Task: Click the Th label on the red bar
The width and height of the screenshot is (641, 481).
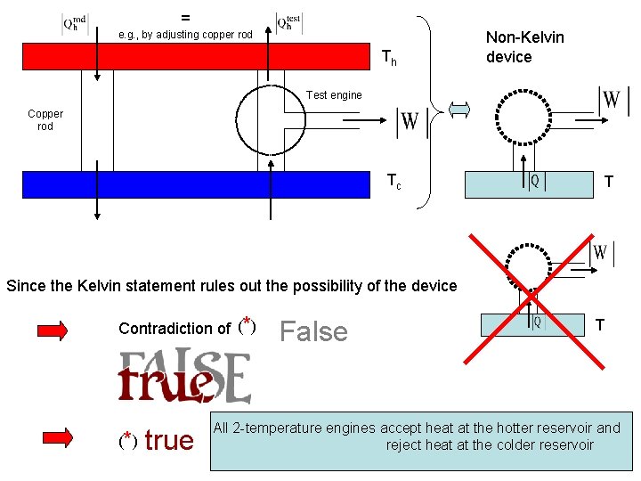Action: point(389,59)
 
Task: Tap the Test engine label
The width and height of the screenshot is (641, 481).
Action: point(334,95)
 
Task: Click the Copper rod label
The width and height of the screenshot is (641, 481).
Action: point(45,119)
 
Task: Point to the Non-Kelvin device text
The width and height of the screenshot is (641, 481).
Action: point(524,47)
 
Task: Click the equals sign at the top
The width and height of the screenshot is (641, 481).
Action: point(185,16)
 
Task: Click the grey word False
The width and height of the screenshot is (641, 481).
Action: point(313,332)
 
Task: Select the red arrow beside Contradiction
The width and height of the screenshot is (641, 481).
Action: point(54,330)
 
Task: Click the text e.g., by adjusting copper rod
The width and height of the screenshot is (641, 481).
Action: point(186,35)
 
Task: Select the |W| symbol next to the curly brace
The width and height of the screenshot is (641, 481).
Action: point(409,123)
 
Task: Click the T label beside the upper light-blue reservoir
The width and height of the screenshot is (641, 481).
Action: point(608,183)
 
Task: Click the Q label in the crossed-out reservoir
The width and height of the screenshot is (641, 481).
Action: point(536,322)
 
